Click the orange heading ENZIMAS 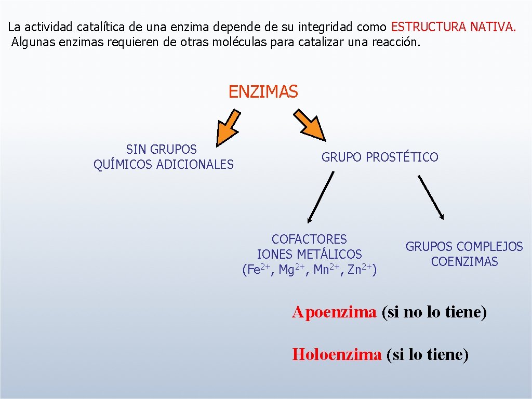263,92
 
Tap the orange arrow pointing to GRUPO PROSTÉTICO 310,125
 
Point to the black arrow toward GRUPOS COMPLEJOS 431,196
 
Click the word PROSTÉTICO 402,157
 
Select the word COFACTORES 309,240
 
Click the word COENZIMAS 464,262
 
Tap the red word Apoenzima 334,312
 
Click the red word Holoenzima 337,355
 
